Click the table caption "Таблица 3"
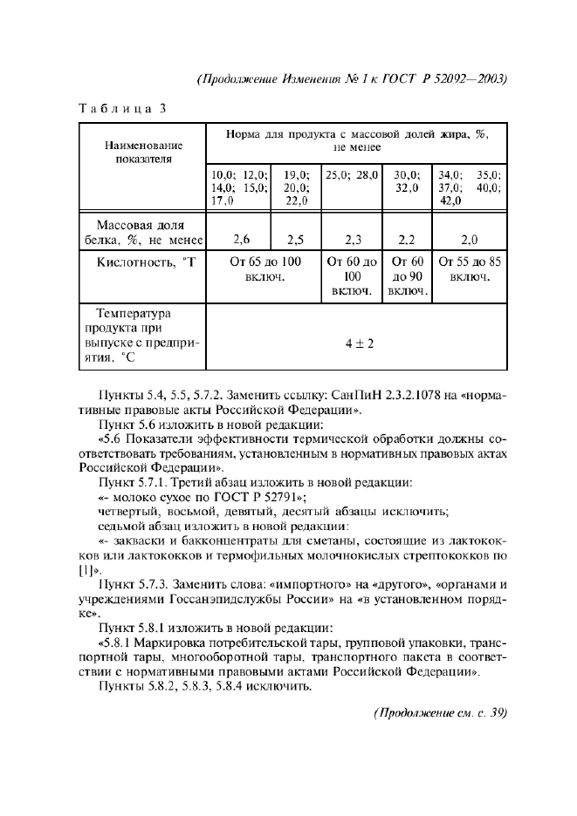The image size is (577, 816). [122, 109]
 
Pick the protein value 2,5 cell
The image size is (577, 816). [297, 238]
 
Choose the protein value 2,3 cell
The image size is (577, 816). [352, 238]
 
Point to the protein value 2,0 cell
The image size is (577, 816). [470, 238]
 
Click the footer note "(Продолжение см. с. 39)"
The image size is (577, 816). [440, 712]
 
